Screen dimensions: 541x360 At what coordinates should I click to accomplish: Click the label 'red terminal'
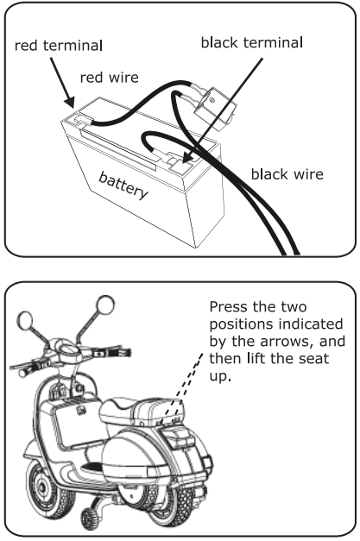click(x=56, y=45)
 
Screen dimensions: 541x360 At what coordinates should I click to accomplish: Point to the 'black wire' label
click(x=287, y=174)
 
